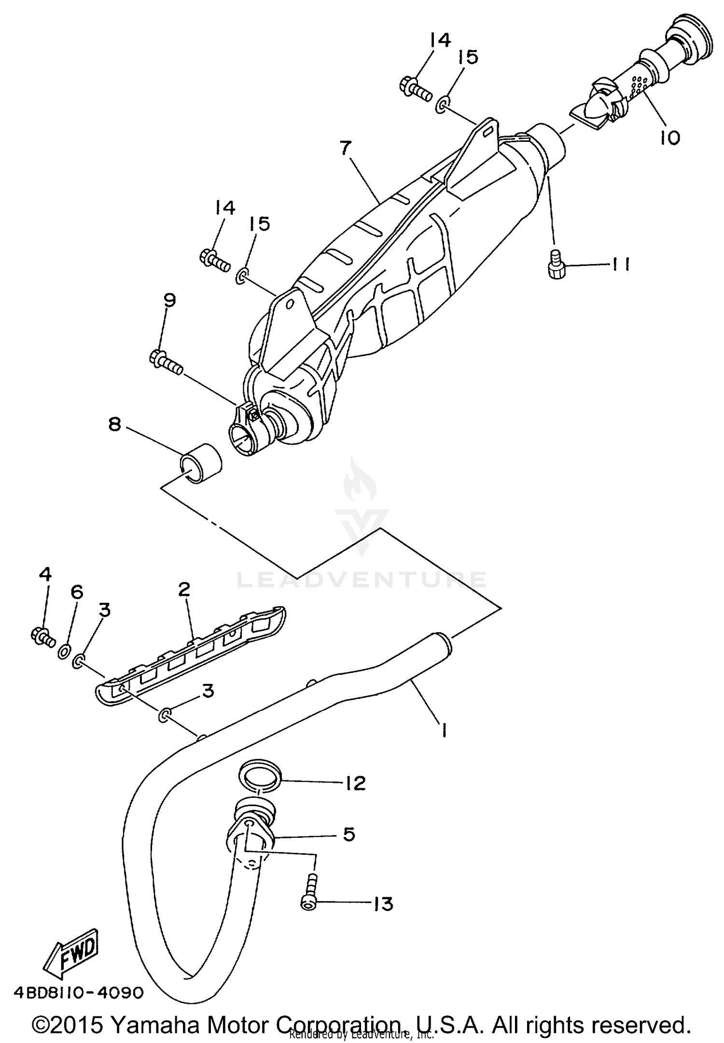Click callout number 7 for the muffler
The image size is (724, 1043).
point(346,148)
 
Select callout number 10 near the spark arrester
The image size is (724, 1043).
point(670,137)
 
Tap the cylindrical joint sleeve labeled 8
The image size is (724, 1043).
point(200,463)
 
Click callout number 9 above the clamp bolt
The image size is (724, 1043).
point(169,300)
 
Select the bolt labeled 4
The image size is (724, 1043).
point(41,637)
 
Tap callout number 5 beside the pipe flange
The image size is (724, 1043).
point(348,834)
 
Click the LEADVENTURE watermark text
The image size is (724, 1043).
point(362,580)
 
